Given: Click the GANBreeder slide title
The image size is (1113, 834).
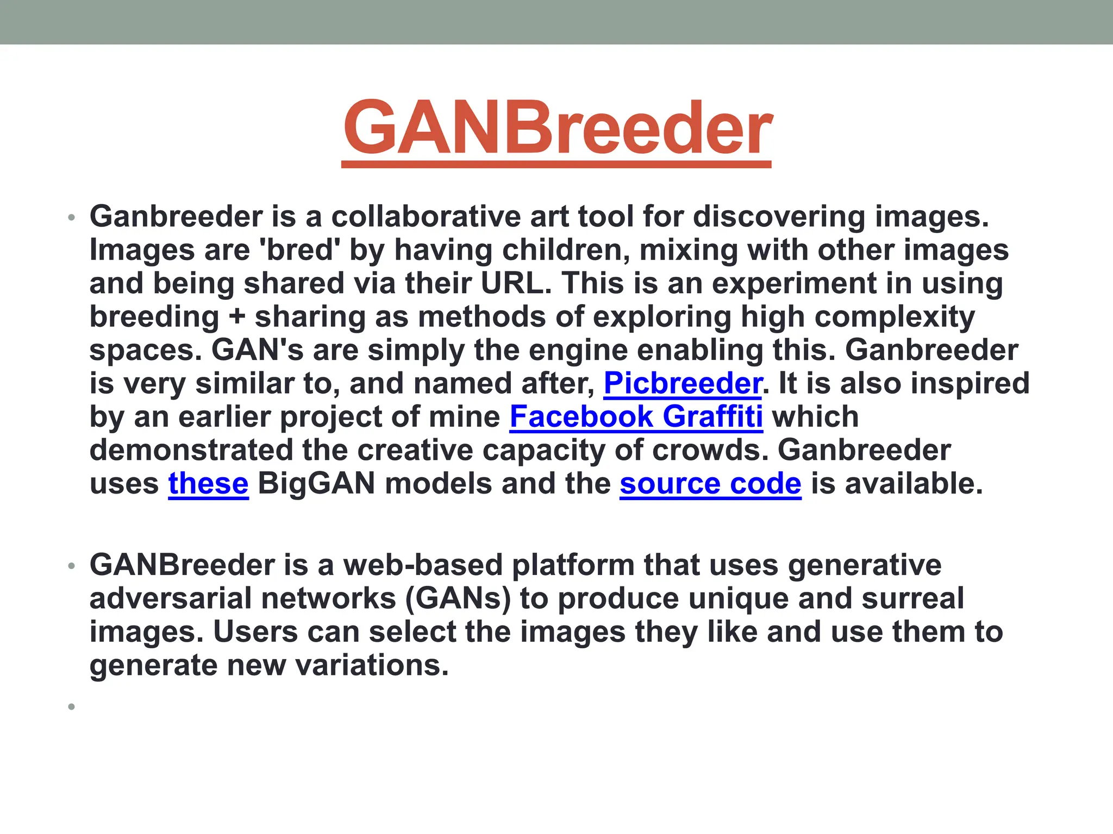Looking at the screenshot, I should pyautogui.click(x=556, y=129).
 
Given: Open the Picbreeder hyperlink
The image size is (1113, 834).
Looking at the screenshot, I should pyautogui.click(x=682, y=383).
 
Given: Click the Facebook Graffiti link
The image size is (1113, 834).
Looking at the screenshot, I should pyautogui.click(x=636, y=417).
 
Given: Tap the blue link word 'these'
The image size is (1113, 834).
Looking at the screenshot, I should pyautogui.click(x=208, y=484).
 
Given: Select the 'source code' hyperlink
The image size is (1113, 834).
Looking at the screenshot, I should pyautogui.click(x=710, y=484).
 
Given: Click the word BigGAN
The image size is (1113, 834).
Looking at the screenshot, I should pyautogui.click(x=316, y=484).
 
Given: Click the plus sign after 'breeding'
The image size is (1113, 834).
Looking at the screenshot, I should pyautogui.click(x=237, y=317).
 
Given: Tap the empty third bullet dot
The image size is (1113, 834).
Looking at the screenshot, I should pyautogui.click(x=71, y=706).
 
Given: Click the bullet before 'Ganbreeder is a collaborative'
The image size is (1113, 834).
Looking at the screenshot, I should pyautogui.click(x=71, y=218).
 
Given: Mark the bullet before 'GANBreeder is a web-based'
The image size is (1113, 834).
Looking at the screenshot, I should pyautogui.click(x=71, y=566).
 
